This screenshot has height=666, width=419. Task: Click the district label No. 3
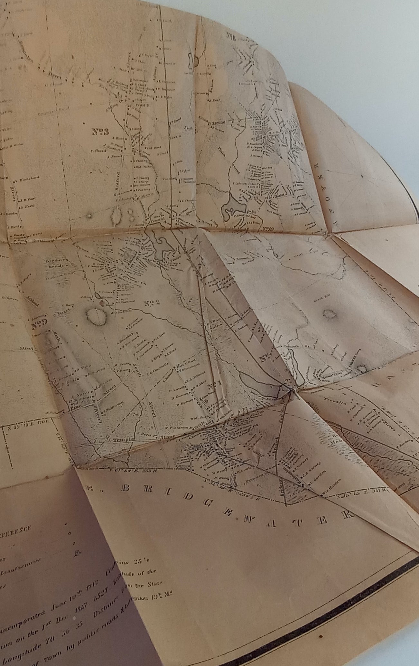click(100, 132)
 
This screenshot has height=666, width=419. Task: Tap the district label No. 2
click(152, 303)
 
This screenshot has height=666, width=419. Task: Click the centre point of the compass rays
click(363, 176)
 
